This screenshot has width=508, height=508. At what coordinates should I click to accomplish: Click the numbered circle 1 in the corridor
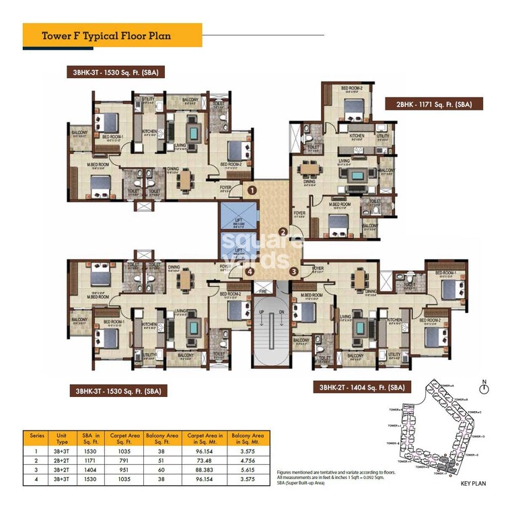point(251,190)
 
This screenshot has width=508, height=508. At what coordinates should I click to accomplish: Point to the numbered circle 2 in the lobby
point(284,233)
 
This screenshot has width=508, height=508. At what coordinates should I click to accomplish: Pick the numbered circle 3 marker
point(294,271)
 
